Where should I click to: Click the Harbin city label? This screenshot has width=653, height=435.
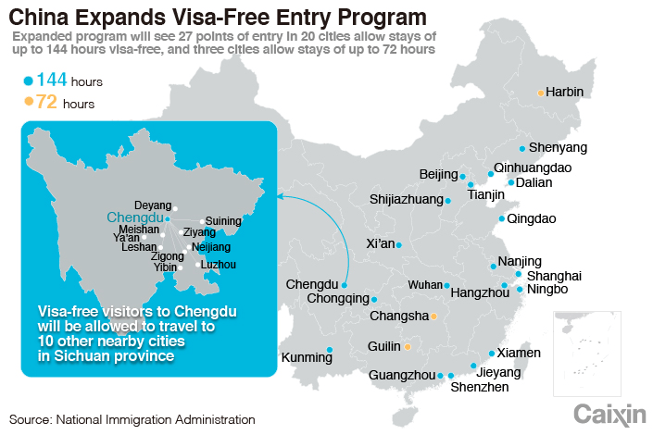click(565, 93)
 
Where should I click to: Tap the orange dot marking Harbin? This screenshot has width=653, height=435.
click(541, 93)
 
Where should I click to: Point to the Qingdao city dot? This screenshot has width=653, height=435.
click(501, 219)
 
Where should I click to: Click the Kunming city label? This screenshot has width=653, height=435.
click(307, 357)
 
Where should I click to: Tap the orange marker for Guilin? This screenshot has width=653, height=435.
click(407, 347)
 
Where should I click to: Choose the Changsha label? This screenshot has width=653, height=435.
click(399, 317)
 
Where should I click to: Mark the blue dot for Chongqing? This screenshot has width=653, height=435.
click(374, 300)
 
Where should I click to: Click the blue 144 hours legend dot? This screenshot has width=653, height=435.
click(29, 81)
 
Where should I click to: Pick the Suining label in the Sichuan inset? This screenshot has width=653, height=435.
click(222, 221)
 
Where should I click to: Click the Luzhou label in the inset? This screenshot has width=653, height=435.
click(218, 265)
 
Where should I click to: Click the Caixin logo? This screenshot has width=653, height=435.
click(609, 414)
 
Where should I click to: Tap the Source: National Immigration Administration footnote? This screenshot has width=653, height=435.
click(132, 419)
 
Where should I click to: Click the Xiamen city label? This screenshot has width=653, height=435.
click(519, 353)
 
